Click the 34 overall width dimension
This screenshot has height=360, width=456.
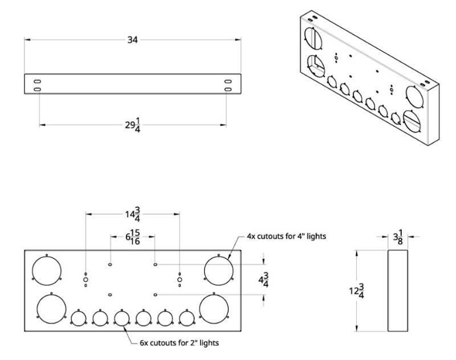click(132, 39)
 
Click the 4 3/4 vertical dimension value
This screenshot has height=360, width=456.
click(263, 280)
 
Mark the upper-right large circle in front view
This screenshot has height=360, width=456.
click(218, 269)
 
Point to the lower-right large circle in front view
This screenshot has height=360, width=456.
click(214, 308)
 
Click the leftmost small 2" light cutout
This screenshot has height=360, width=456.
click(78, 318)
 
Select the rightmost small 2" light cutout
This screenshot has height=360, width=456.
click(186, 318)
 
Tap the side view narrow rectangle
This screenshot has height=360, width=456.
click(398, 291)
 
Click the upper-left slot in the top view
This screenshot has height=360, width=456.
click(37, 81)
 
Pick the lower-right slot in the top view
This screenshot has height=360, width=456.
click(227, 90)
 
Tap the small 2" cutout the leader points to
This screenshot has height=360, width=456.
click(121, 318)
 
